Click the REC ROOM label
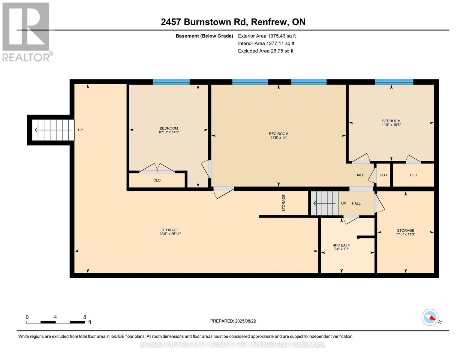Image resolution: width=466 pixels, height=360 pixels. (x=278, y=134)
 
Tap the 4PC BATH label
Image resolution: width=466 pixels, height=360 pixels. (x=341, y=245)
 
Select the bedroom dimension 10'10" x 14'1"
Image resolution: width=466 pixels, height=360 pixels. (x=169, y=132)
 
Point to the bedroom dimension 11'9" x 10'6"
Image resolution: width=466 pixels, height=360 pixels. (x=391, y=125)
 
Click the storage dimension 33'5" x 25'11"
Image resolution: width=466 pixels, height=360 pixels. (x=170, y=234)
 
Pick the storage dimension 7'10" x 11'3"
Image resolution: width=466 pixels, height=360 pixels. (x=405, y=235)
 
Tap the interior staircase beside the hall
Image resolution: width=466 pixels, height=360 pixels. (x=324, y=203)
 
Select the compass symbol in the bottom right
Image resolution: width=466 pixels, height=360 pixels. (x=430, y=317)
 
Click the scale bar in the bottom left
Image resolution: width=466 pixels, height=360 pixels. (x=55, y=322)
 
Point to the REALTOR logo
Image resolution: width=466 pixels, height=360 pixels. (x=26, y=31)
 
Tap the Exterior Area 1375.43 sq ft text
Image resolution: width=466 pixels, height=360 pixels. (x=267, y=36)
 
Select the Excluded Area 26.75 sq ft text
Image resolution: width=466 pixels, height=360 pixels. (x=266, y=51)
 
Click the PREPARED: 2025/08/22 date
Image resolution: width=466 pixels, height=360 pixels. (x=233, y=321)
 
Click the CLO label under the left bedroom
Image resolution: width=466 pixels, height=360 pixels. (x=157, y=180)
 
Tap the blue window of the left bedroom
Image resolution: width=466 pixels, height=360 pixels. (x=171, y=82)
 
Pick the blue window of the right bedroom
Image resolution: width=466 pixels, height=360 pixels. (x=394, y=82)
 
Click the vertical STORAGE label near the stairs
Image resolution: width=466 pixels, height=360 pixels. (x=284, y=203)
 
